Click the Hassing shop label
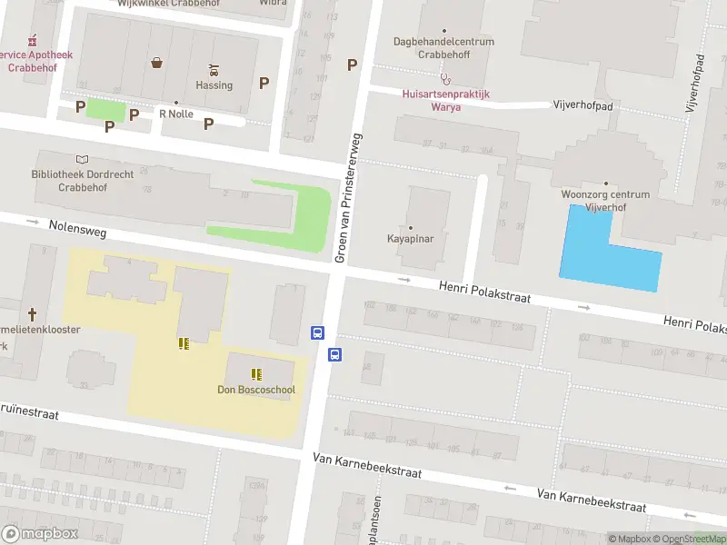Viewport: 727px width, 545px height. [x=214, y=85]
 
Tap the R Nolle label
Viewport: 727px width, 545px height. [x=176, y=114]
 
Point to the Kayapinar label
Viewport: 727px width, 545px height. [x=410, y=239]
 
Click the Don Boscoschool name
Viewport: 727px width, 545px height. [x=256, y=391]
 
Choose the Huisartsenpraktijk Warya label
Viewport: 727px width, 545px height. [x=445, y=100]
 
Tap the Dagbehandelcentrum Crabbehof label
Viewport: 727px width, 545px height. [x=444, y=47]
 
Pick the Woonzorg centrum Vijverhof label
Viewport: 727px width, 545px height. [x=605, y=200]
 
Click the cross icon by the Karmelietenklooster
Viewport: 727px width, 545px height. [x=32, y=314]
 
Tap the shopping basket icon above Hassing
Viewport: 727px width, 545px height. [x=157, y=63]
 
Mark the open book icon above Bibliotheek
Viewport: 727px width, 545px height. [x=84, y=159]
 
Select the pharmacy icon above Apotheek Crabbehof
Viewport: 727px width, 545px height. [x=34, y=40]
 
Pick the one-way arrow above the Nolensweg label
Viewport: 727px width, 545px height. [x=34, y=221]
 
